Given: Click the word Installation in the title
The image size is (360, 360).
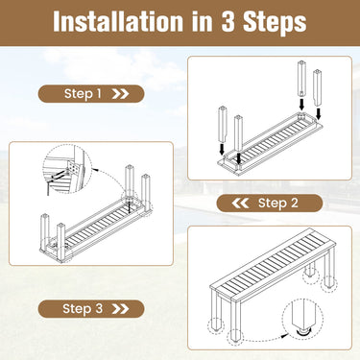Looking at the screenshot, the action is (119, 21).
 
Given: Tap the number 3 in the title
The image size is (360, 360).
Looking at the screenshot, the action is (228, 21).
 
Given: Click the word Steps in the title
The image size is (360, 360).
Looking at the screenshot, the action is (275, 23).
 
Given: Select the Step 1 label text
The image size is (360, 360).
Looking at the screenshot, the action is (83, 94).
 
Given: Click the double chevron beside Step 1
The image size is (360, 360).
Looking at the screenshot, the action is (120, 94).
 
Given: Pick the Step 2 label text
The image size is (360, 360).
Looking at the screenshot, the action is (278, 203).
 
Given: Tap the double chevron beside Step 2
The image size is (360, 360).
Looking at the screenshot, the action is (240, 203).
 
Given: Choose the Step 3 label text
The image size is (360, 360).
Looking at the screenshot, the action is (83, 309).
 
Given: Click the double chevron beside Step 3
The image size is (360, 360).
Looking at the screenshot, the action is (120, 309).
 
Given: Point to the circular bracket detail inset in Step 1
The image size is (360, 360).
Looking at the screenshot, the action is (67, 169).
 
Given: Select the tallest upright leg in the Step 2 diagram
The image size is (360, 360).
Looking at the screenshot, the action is (301, 79).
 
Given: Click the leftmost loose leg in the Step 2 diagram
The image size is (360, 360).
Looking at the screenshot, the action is (223, 125).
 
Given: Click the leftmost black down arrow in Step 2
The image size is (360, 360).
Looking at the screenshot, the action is (222, 149).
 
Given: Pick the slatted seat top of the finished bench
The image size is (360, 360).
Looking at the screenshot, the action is (273, 267).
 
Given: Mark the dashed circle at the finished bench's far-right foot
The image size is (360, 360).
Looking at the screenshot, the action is (329, 283).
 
